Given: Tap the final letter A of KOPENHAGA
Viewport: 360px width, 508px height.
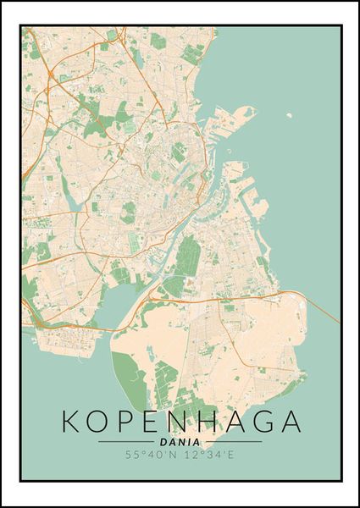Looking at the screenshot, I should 288,422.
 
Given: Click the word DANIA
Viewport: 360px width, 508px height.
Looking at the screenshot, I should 180,442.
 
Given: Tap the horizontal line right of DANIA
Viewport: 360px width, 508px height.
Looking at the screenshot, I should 232,442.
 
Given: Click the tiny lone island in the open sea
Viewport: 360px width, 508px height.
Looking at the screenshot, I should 289,115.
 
